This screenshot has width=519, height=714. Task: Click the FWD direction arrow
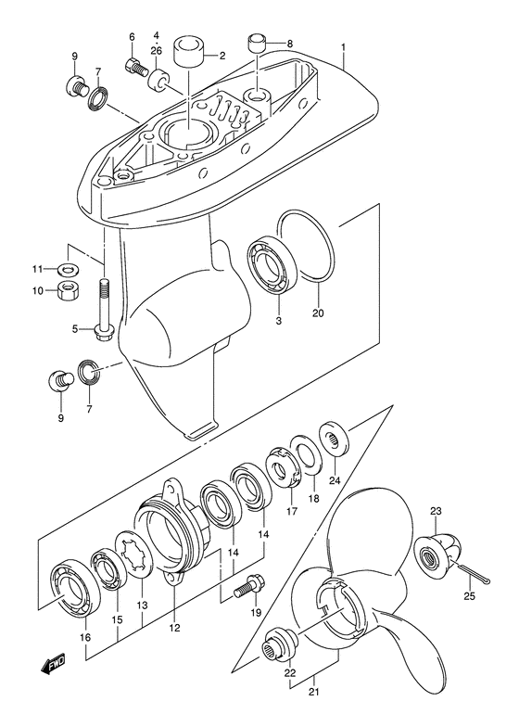[x=53, y=663]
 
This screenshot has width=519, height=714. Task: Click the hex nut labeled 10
[x=68, y=289]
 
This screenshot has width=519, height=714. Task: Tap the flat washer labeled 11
[x=69, y=268]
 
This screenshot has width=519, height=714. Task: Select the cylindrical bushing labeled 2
[x=188, y=53]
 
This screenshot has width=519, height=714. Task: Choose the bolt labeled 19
[x=247, y=586]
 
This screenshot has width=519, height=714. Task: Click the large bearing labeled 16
[x=75, y=587]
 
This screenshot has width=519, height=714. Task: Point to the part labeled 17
[x=285, y=468]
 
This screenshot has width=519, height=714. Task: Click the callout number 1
[x=344, y=47]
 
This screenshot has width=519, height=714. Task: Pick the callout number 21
[x=313, y=693]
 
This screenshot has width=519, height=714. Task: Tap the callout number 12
[x=174, y=629]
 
